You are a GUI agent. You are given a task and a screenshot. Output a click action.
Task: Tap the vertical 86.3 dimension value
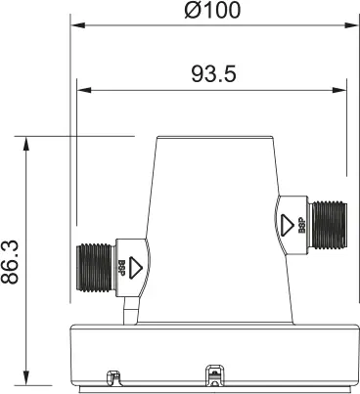coord(13,258)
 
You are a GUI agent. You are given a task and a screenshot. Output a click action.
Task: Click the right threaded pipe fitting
coord(326,221)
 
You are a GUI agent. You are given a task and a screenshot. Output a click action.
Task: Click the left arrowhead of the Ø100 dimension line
coord(75,30)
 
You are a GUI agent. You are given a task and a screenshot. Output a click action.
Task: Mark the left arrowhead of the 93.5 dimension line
coord(82,91)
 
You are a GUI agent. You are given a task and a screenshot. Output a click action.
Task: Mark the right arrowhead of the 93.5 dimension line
coord(341,91)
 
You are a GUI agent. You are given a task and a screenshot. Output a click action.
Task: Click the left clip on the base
coord(112,374)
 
